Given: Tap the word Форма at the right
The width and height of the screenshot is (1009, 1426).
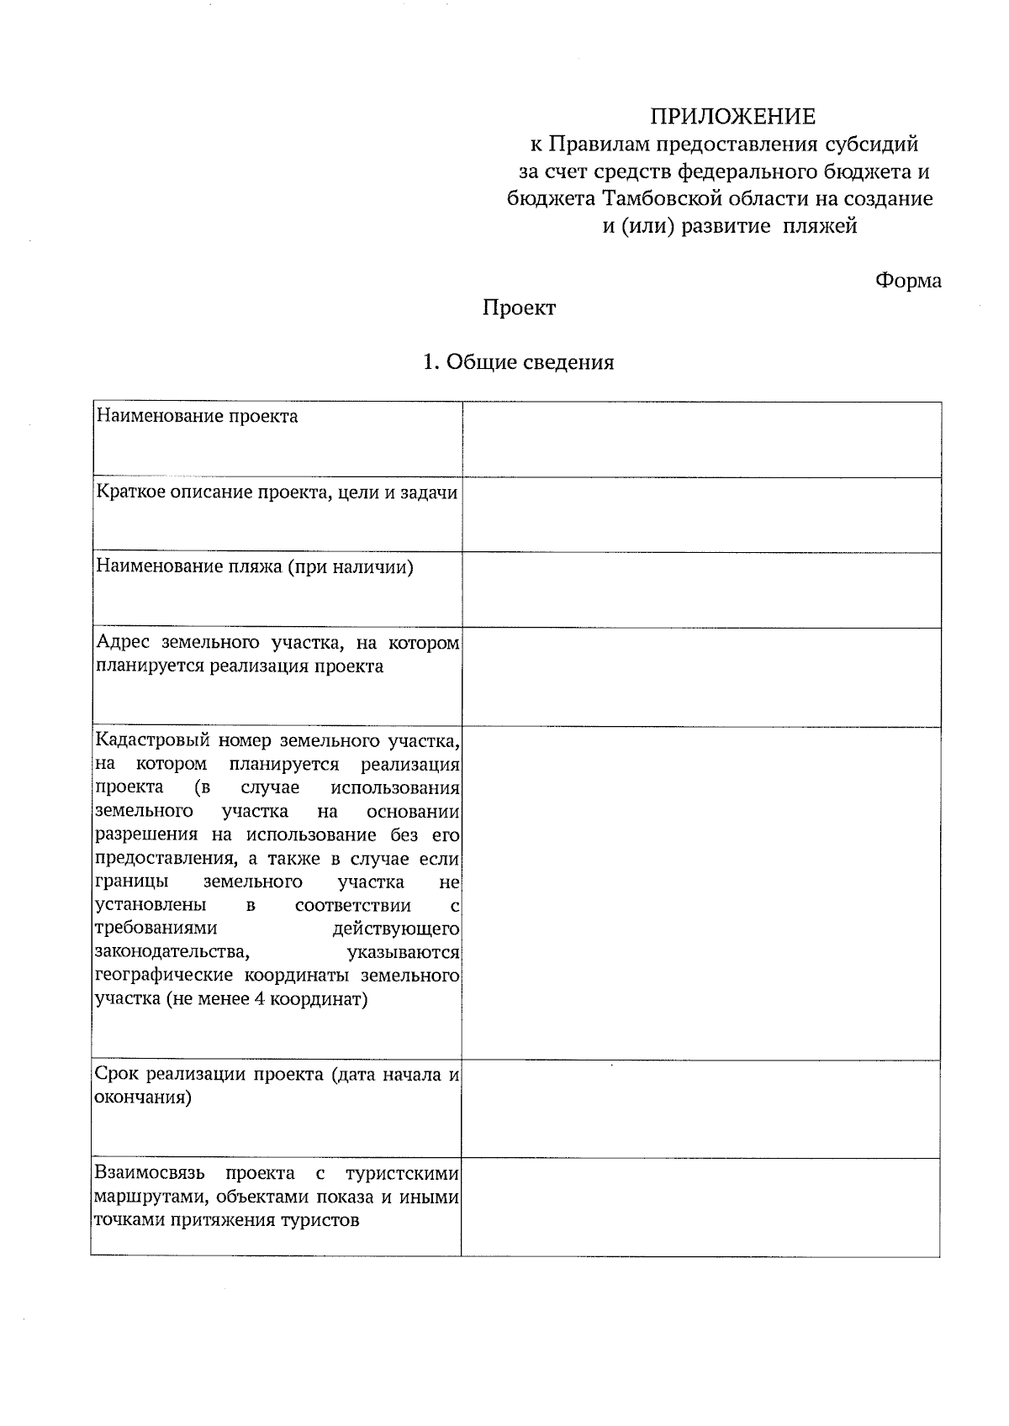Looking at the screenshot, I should pos(908,281).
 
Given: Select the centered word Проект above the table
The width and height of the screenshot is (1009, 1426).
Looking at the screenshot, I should pos(519,308).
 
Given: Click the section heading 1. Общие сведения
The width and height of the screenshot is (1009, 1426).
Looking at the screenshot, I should pos(518,362).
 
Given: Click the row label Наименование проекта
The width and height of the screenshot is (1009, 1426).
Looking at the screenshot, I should pos(197,416).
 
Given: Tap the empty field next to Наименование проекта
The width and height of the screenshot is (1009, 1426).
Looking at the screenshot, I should pos(701,439).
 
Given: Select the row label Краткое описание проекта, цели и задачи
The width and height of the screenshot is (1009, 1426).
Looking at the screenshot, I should pos(277,492).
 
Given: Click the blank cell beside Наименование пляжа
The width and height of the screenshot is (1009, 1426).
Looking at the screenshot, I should pos(701,590).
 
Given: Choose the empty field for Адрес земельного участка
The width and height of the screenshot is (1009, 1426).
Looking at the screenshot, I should pos(701,677).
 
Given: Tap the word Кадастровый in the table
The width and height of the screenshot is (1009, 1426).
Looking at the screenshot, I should pos(151,741).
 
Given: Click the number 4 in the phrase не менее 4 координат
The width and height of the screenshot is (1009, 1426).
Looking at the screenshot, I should pos(260,1000).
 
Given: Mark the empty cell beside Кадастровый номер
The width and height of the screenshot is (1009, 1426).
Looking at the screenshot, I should pos(701,892).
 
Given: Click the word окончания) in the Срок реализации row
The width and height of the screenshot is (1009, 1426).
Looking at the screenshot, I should pos(143,1097).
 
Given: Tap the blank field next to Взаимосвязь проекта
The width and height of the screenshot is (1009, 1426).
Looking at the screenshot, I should pos(701,1207).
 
